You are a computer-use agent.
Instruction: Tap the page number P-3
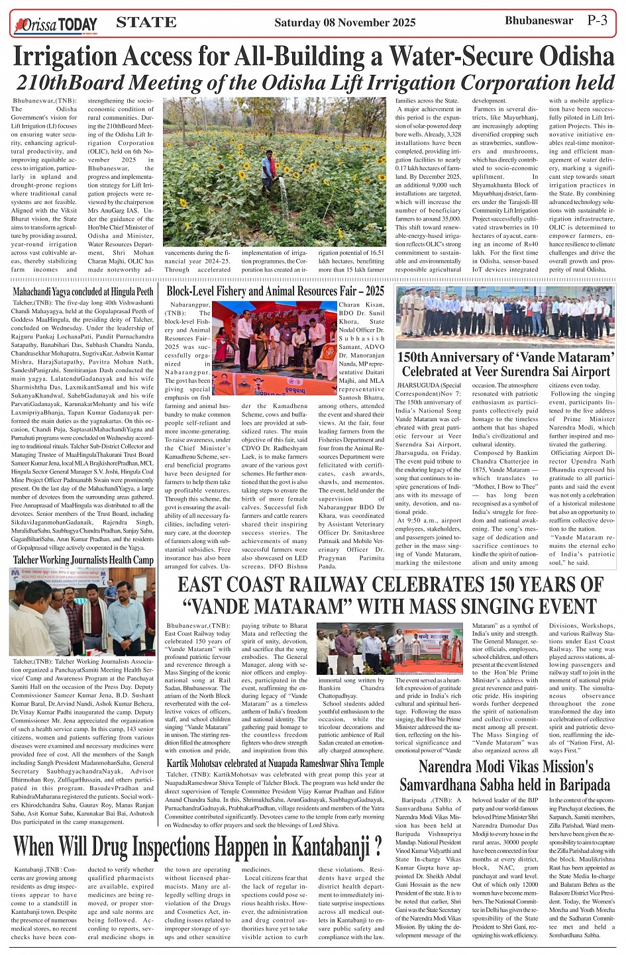click(597, 21)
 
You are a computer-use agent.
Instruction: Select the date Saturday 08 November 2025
click(344, 23)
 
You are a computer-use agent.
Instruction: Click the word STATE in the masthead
click(146, 23)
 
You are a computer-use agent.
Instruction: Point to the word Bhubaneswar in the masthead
click(539, 21)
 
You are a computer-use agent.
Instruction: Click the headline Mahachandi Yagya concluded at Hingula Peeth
click(83, 291)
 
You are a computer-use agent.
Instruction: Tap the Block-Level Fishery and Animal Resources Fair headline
click(275, 291)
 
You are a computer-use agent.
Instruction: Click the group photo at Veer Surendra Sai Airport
click(505, 317)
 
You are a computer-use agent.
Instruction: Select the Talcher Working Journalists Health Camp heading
click(83, 560)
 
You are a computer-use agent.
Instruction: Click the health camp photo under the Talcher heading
click(82, 611)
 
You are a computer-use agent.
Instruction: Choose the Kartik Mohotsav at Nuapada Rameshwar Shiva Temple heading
click(275, 764)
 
